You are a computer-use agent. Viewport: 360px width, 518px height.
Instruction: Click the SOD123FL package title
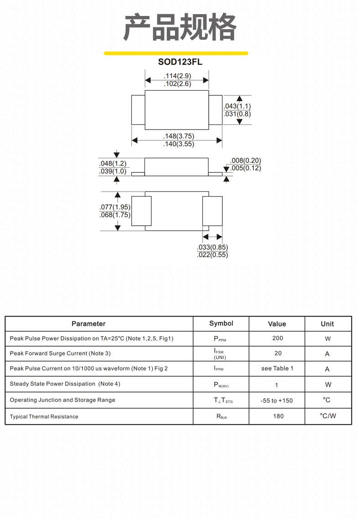(x=180, y=62)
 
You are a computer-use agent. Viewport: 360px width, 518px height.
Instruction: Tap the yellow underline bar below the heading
(x=176, y=53)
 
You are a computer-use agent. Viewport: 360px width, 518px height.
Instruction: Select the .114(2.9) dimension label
(x=177, y=76)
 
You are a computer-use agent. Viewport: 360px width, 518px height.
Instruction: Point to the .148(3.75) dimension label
(x=179, y=136)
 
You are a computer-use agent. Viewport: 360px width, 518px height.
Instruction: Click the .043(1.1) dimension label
(x=237, y=106)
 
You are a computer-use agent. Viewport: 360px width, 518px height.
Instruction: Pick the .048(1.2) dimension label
(x=113, y=163)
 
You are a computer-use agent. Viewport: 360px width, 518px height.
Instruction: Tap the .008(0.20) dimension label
(x=246, y=160)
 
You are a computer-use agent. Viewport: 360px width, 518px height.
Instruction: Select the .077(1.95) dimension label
(x=115, y=207)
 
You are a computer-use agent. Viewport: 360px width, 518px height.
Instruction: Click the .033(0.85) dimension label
(x=212, y=247)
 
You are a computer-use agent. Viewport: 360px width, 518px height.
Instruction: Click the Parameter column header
(x=88, y=324)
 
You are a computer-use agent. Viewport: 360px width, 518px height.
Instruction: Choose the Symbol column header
(x=221, y=323)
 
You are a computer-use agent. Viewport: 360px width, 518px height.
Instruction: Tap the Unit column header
(x=327, y=324)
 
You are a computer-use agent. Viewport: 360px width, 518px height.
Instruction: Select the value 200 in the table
(x=278, y=338)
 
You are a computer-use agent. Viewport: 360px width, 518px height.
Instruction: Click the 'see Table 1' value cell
(x=278, y=368)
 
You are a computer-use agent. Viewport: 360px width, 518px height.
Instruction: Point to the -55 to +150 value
(x=277, y=400)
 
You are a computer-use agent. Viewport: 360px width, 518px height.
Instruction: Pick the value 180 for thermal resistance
(x=278, y=416)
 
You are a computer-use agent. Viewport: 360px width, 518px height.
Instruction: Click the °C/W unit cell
(x=328, y=415)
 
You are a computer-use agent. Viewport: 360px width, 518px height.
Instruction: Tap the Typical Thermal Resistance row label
(x=44, y=417)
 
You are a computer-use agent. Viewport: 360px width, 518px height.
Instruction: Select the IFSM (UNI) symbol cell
(x=220, y=354)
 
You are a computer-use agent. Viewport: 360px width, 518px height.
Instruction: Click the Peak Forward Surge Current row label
(x=60, y=353)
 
